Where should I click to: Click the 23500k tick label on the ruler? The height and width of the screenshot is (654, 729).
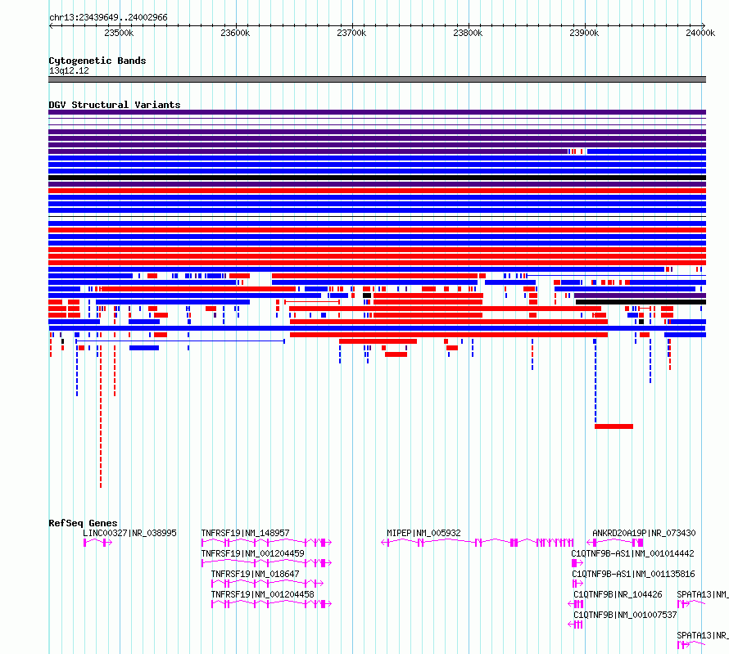(119, 33)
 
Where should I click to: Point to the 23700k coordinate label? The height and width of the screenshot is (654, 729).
(351, 33)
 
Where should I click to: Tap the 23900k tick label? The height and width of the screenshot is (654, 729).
(584, 33)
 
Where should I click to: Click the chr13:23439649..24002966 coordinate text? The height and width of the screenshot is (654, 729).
(108, 18)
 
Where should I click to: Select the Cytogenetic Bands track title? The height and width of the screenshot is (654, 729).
(97, 61)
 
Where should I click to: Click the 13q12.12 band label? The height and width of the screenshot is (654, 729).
(69, 70)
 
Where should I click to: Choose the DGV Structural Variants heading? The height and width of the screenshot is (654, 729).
(115, 105)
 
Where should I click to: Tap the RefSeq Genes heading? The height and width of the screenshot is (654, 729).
(83, 523)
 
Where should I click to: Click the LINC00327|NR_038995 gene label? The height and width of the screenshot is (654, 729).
(129, 533)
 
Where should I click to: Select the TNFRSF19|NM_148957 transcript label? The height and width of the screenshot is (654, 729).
(245, 533)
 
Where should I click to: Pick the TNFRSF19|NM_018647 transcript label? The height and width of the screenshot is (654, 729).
(256, 574)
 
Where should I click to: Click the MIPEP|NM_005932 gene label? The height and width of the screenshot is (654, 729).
(423, 533)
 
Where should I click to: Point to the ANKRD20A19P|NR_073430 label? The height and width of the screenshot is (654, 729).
(644, 533)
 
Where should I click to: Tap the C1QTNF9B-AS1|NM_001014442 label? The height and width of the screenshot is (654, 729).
(633, 553)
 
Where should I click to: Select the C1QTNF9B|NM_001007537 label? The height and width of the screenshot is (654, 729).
(625, 615)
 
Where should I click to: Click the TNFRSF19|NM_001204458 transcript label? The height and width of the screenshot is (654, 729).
(263, 594)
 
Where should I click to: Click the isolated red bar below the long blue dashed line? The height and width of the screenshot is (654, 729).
(614, 426)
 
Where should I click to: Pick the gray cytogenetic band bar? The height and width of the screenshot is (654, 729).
(377, 79)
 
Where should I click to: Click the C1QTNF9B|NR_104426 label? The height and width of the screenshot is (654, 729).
(618, 594)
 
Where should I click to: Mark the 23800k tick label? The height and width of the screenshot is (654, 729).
(468, 33)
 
